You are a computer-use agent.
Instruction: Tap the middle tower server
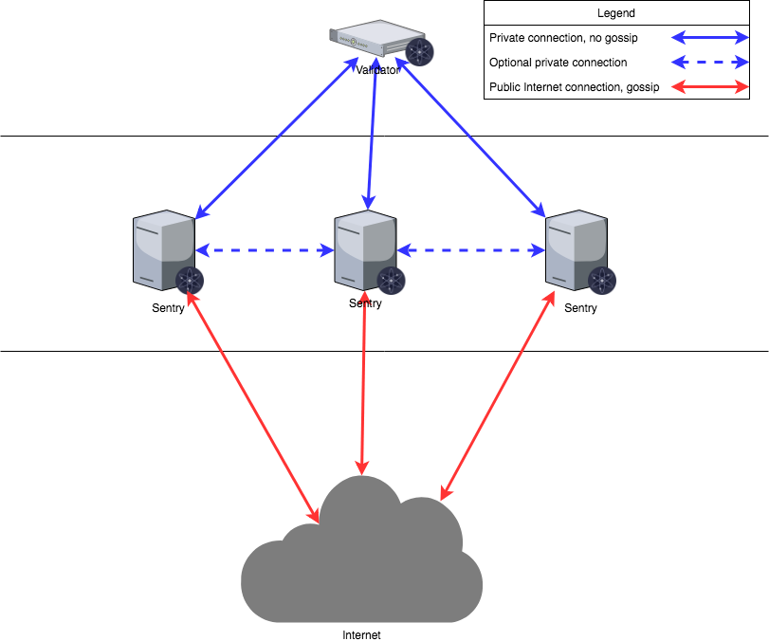point(364,249)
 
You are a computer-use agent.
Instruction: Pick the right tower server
point(575,249)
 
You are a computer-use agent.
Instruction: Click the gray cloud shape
point(363,564)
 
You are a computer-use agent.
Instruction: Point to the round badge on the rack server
point(419,52)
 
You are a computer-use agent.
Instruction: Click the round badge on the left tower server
point(191,281)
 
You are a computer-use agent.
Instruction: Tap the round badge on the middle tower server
point(391,281)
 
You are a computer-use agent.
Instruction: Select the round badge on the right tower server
point(601,281)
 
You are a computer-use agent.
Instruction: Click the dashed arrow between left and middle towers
point(265,250)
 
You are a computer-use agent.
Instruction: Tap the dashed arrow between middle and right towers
point(471,250)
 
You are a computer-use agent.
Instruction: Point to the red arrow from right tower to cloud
point(496,394)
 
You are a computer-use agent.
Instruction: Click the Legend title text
point(616,13)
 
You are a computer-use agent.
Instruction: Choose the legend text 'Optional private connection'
point(558,63)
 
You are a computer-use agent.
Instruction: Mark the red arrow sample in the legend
point(710,87)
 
